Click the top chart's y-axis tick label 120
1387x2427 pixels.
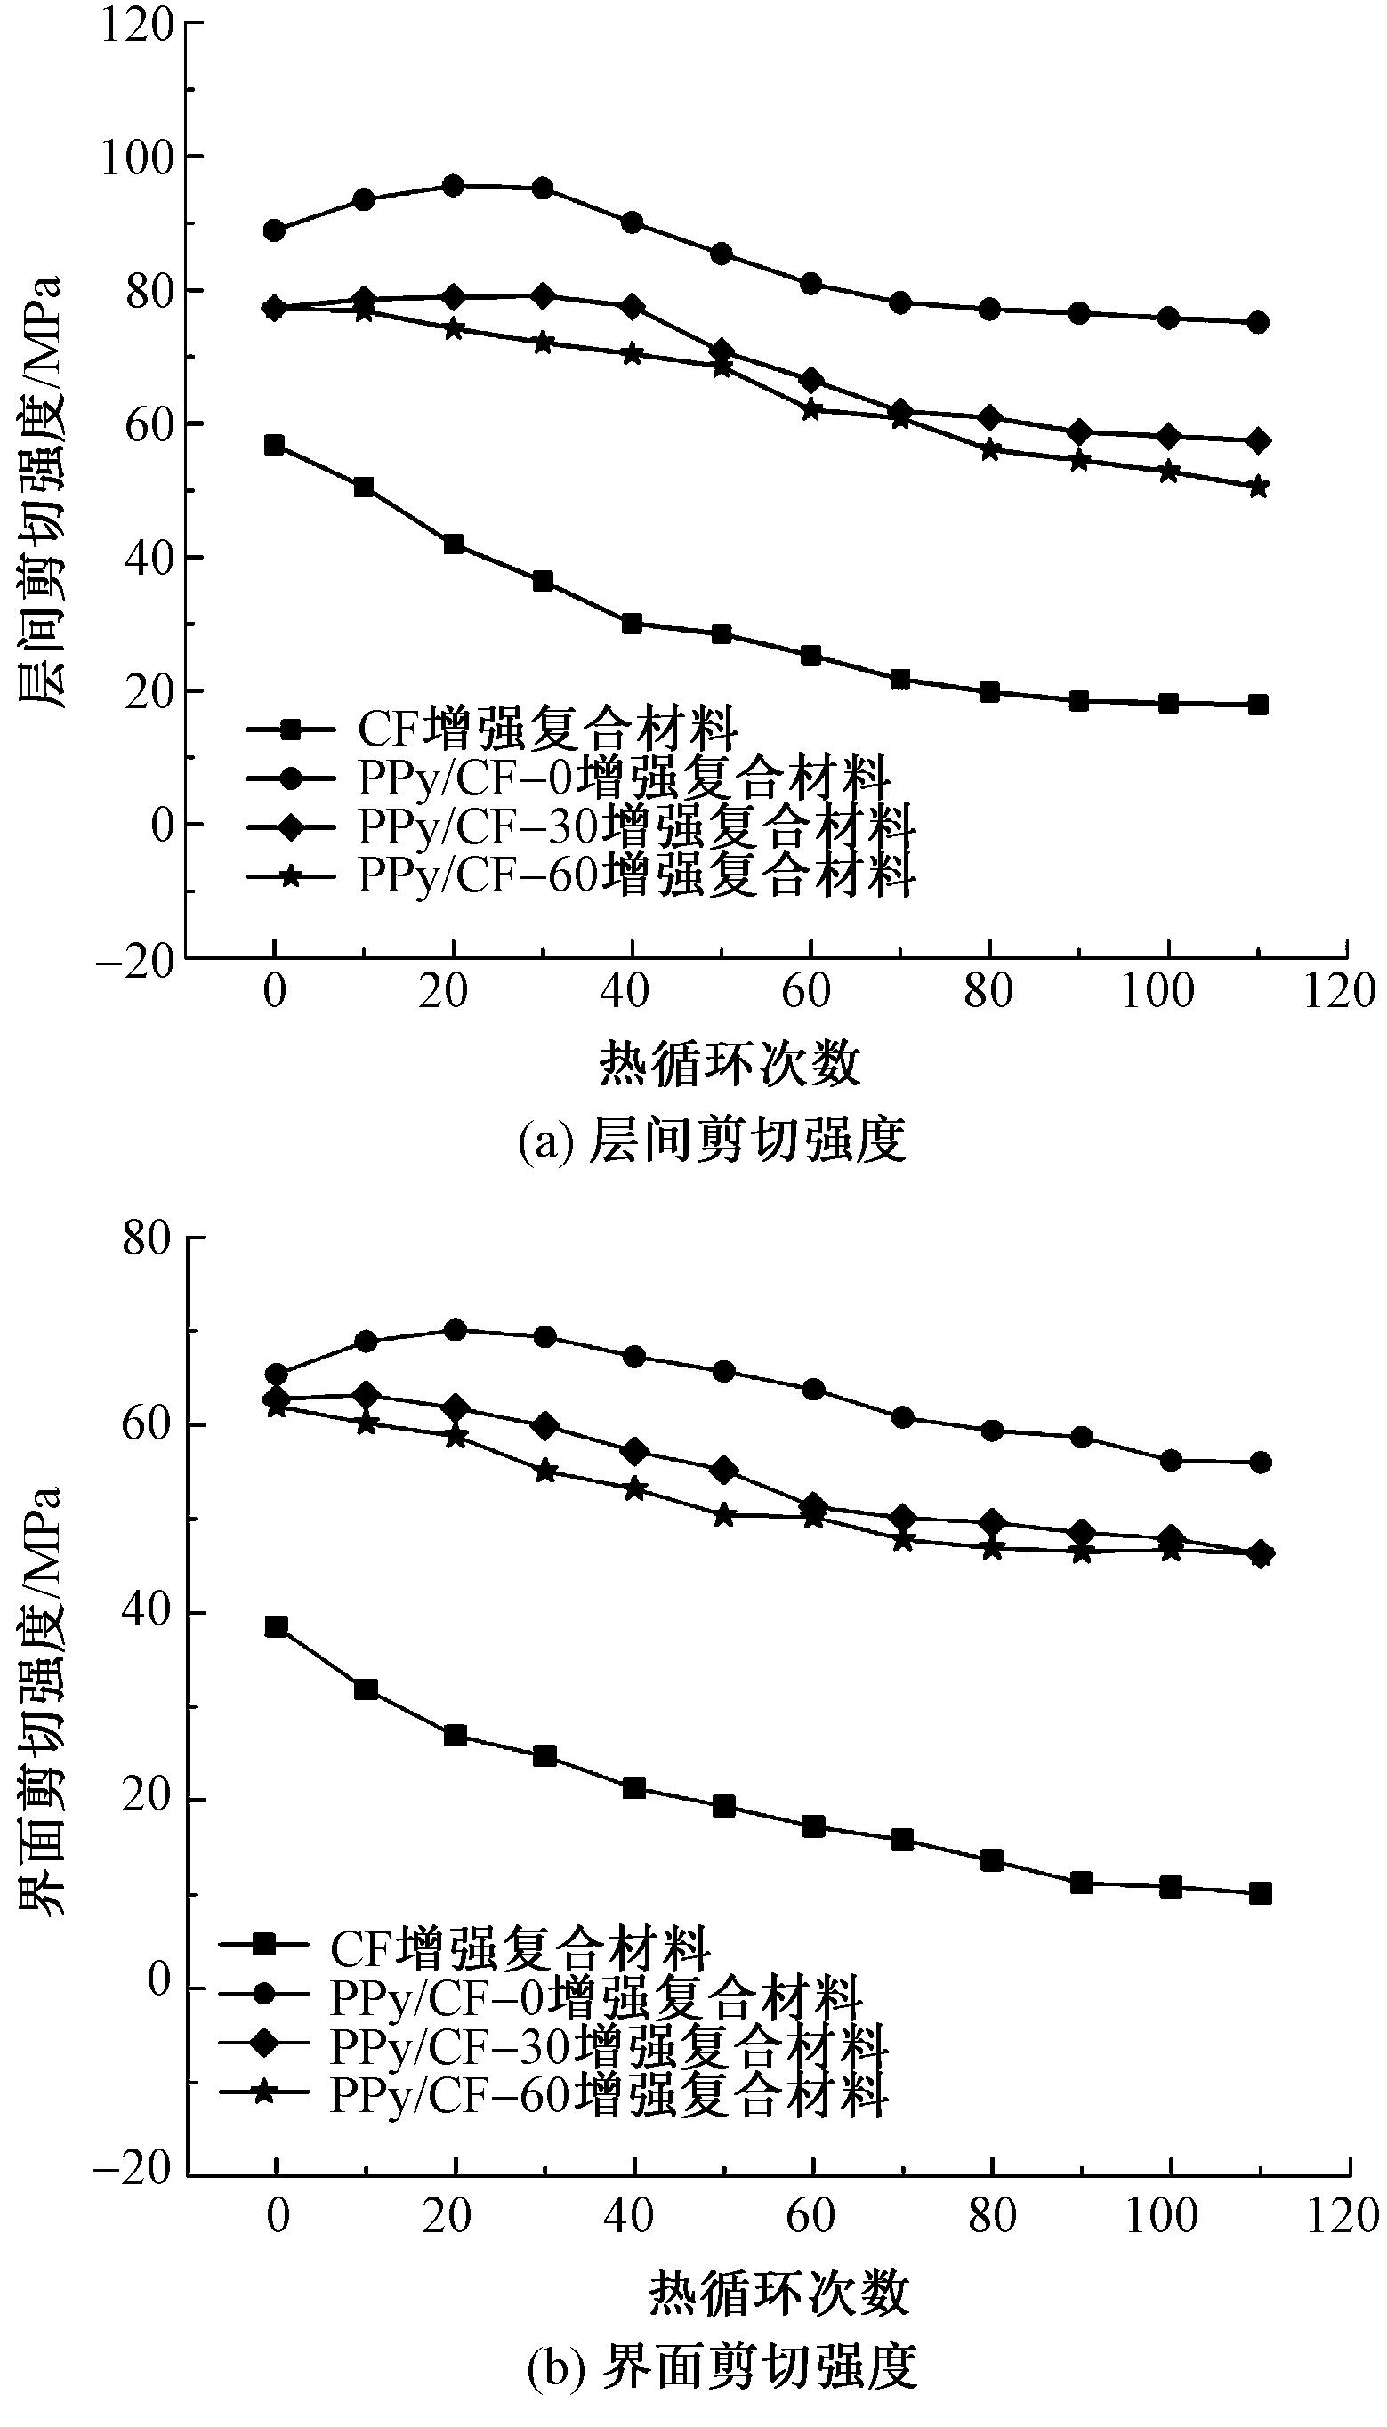pyautogui.click(x=137, y=25)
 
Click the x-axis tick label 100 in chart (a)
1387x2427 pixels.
pyautogui.click(x=1157, y=993)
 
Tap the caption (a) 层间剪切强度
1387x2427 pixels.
pyautogui.click(x=712, y=1141)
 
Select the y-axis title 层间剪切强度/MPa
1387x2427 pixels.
pyautogui.click(x=41, y=490)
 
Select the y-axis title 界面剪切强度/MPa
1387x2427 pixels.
pyautogui.click(x=41, y=1700)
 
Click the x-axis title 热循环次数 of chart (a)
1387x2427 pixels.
pyautogui.click(x=730, y=1064)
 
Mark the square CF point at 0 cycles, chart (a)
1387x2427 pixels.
pyautogui.click(x=274, y=445)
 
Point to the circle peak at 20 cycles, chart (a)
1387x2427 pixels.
pyautogui.click(x=454, y=186)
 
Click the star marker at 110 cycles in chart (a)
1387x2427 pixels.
pyautogui.click(x=1257, y=487)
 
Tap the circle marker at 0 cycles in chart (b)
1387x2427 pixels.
pyautogui.click(x=277, y=1375)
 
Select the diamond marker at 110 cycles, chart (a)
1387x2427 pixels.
pyautogui.click(x=1257, y=440)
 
